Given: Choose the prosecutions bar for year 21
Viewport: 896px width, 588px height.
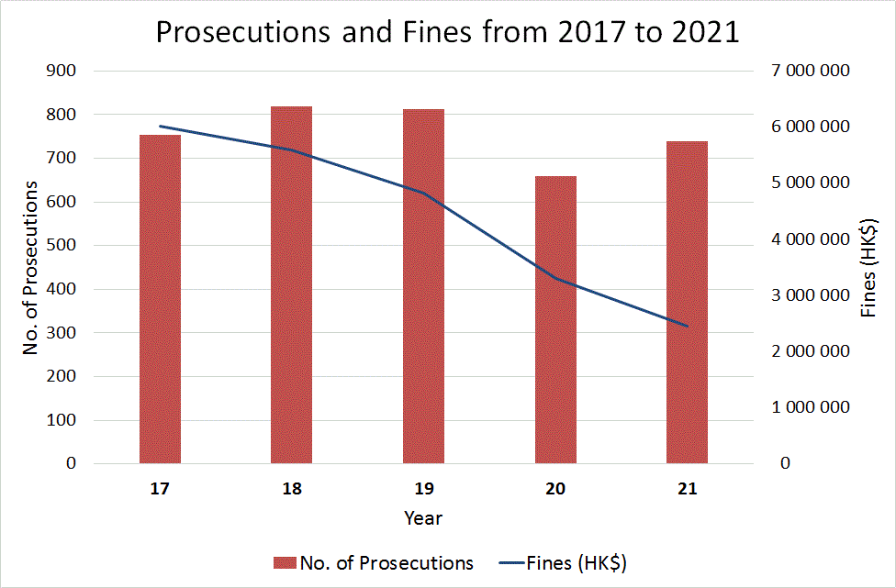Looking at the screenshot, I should [687, 302].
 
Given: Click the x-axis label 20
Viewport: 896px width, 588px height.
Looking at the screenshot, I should [555, 489].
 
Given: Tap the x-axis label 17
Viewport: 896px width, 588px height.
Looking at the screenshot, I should [160, 489].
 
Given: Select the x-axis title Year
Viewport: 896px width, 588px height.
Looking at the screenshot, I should [423, 518].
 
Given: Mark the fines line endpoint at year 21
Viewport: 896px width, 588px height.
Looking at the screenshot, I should [687, 326].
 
